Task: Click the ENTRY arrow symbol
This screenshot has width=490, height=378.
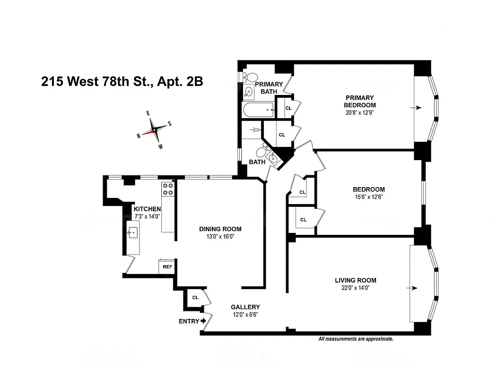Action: pyautogui.click(x=204, y=321)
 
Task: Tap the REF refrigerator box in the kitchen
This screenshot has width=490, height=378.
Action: pyautogui.click(x=167, y=266)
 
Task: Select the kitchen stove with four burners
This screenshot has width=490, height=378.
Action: pyautogui.click(x=168, y=189)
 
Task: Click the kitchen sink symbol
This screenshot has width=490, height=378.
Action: pyautogui.click(x=133, y=232)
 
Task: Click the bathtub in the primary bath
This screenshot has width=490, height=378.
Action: pyautogui.click(x=258, y=111)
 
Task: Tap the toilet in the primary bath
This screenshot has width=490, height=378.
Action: pyautogui.click(x=250, y=77)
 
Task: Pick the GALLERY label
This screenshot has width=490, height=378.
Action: pyautogui.click(x=245, y=307)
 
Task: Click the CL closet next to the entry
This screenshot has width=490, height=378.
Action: pyautogui.click(x=195, y=298)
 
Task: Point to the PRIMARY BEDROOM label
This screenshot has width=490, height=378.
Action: pyautogui.click(x=360, y=101)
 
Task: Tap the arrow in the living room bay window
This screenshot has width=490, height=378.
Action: pyautogui.click(x=415, y=288)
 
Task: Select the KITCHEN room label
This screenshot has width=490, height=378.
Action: pyautogui.click(x=147, y=209)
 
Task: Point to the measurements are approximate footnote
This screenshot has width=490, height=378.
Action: pyautogui.click(x=356, y=339)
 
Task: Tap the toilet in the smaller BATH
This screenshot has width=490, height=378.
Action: pyautogui.click(x=260, y=152)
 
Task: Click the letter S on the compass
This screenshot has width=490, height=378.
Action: pyautogui.click(x=169, y=124)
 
